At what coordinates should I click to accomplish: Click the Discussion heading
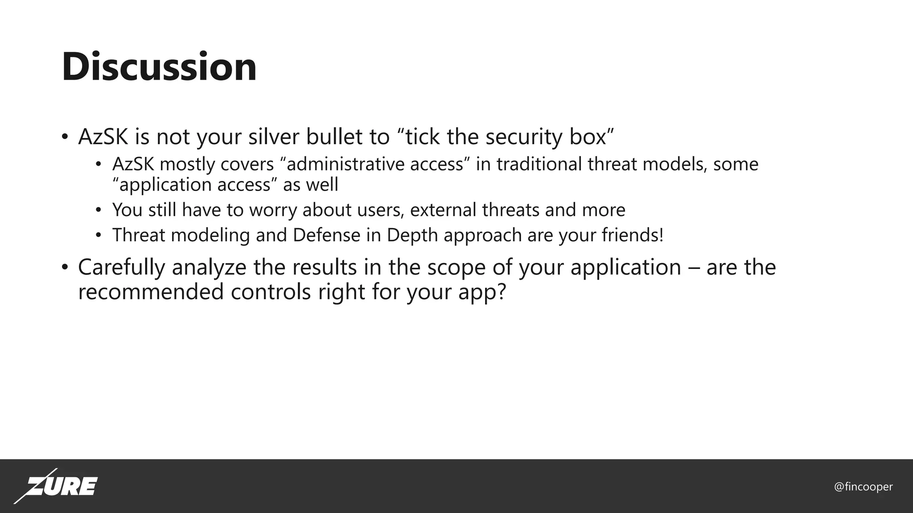pos(159,67)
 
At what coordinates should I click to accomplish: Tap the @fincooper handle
pos(863,487)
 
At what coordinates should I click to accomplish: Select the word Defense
pos(326,235)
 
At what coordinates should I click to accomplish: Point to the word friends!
pos(633,235)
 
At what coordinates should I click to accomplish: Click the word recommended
pos(151,292)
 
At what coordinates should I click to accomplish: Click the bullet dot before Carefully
pos(65,268)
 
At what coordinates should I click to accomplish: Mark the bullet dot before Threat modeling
pos(99,236)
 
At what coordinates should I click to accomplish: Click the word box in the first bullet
pos(588,136)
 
